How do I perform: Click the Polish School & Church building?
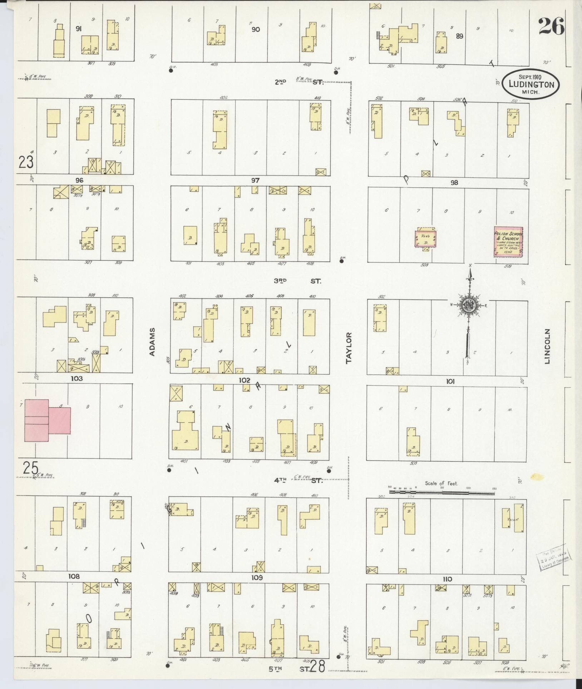[x=508, y=241]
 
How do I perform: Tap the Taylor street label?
[x=349, y=348]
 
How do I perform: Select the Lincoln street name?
[x=547, y=346]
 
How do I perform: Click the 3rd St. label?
[x=297, y=281]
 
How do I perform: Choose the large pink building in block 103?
[x=46, y=420]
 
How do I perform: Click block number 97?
[x=255, y=180]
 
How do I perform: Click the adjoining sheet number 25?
[x=31, y=467]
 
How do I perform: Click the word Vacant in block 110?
[x=512, y=519]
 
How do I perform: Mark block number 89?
[x=459, y=36]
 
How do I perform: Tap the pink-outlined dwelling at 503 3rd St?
[x=425, y=238]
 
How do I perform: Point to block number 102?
[x=245, y=380]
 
